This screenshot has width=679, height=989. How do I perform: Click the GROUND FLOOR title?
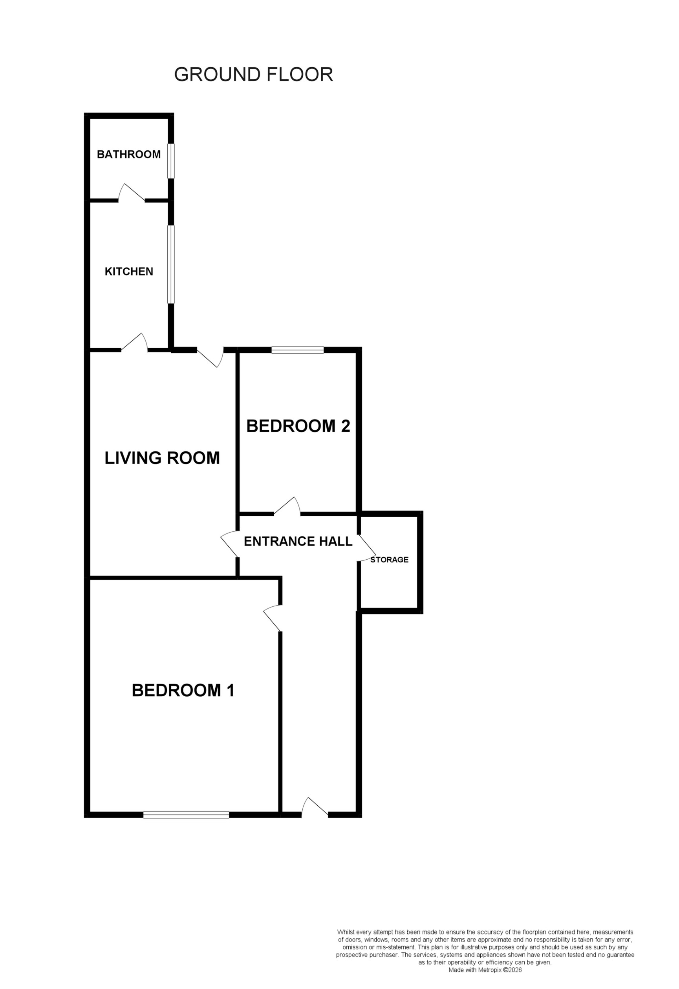point(253,75)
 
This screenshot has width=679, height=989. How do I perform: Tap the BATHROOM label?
point(128,155)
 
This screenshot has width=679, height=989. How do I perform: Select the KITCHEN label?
point(128,272)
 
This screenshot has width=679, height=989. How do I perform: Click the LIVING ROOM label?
point(162,458)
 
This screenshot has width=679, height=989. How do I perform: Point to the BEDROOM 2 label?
point(298,426)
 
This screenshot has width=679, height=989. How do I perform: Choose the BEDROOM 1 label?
point(183,690)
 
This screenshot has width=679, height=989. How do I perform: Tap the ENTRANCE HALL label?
point(298,541)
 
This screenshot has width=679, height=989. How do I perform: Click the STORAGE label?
point(389,560)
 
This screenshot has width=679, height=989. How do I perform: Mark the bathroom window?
point(171,161)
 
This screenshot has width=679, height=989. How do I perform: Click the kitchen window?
point(171,264)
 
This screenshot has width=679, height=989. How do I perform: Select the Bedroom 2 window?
point(298,350)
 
